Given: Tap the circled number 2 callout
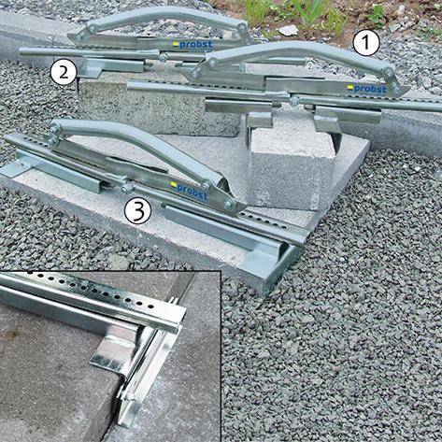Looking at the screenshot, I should pos(64,72).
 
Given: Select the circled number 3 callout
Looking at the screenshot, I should pos(137,211).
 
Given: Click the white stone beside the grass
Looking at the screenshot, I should pos(288,30).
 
